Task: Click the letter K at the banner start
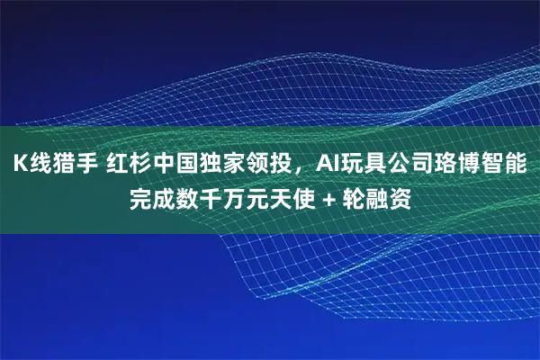pos(18,165)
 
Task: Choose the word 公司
pos(408,165)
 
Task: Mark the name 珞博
pos(453,165)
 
